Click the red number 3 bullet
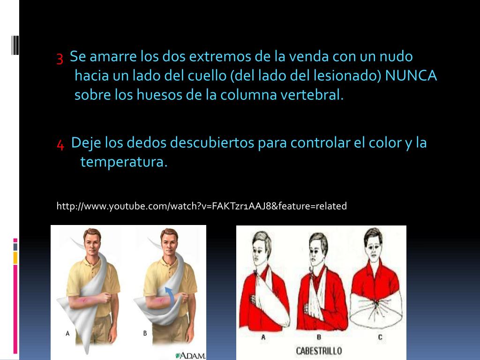(60, 58)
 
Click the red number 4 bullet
(60, 144)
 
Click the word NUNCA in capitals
(411, 75)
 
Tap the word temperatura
(124, 162)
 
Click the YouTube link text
(202, 206)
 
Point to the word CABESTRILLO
(319, 351)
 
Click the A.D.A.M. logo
(190, 355)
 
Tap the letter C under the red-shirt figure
(380, 337)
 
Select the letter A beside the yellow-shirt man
(67, 333)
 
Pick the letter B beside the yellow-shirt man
(145, 333)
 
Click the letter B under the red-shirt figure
(319, 337)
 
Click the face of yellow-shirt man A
(92, 243)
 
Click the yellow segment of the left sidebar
(15, 258)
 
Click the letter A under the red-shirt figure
(263, 337)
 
